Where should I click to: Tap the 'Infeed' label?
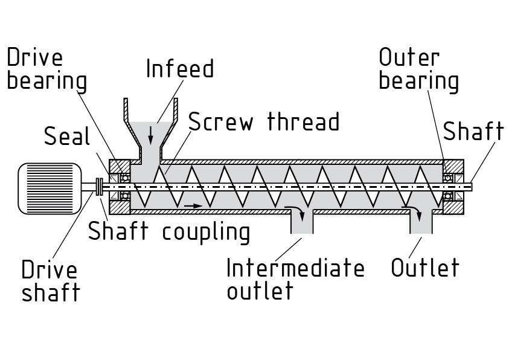coord(180,69)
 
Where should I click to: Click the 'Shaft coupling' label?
coord(169,231)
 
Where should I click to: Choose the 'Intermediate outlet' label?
coord(295,278)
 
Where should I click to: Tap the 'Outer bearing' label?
coord(418,69)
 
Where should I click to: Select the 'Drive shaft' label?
coord(50,281)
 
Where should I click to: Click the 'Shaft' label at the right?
coord(473,130)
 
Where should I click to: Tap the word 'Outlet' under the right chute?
coord(425,268)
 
